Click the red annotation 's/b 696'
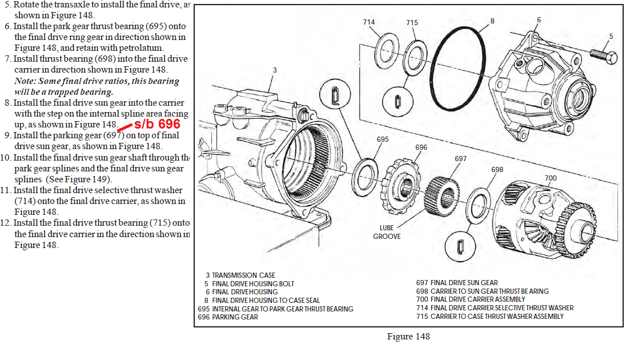(157, 124)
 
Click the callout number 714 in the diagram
(368, 22)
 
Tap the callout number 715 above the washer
(412, 23)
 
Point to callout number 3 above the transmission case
(275, 70)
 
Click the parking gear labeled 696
(400, 186)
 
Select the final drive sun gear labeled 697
(442, 197)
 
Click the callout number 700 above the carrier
(551, 178)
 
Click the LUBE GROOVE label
(387, 232)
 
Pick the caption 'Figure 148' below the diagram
(408, 337)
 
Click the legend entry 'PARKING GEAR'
(235, 317)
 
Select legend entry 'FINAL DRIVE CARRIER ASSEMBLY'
(478, 299)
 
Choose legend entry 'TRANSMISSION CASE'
(243, 275)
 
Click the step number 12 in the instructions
(5, 223)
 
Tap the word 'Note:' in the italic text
(26, 81)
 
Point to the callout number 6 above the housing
(539, 20)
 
